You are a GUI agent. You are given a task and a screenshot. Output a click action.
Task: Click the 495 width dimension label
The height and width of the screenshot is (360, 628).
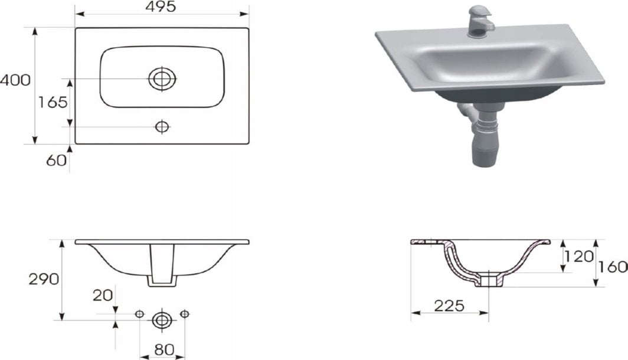point(161,6)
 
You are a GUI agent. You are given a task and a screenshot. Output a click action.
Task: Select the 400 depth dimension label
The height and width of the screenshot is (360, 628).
point(15,80)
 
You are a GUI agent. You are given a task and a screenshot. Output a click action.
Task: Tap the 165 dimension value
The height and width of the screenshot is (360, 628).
point(53,103)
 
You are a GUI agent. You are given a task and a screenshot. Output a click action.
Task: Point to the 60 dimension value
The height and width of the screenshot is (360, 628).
point(56,161)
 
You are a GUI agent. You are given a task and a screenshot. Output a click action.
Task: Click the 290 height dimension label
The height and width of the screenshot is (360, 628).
point(44,279)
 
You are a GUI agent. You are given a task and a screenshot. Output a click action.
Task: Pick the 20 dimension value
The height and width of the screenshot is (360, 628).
point(103,296)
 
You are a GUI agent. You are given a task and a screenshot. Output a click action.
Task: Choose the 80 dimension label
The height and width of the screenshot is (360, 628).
point(164,350)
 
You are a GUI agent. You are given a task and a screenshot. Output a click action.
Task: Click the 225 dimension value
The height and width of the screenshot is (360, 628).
point(449,306)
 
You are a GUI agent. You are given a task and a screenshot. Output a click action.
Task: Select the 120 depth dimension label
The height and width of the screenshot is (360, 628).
point(578,256)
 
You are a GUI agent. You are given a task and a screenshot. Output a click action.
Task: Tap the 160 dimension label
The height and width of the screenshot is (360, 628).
point(613,267)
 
